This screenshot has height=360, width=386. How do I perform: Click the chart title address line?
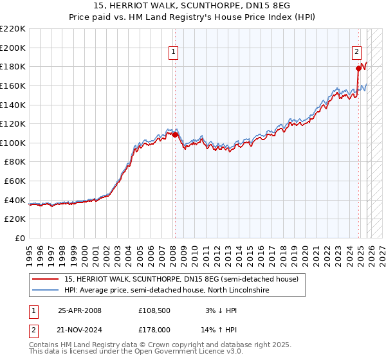[x=192, y=6]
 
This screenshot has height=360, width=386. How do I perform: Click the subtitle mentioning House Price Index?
[x=192, y=17]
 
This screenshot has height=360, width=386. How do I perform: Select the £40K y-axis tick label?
[x=15, y=201]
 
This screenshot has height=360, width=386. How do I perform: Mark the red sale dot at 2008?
[x=174, y=135]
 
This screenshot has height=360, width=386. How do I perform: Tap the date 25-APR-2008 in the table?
[x=80, y=310]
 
